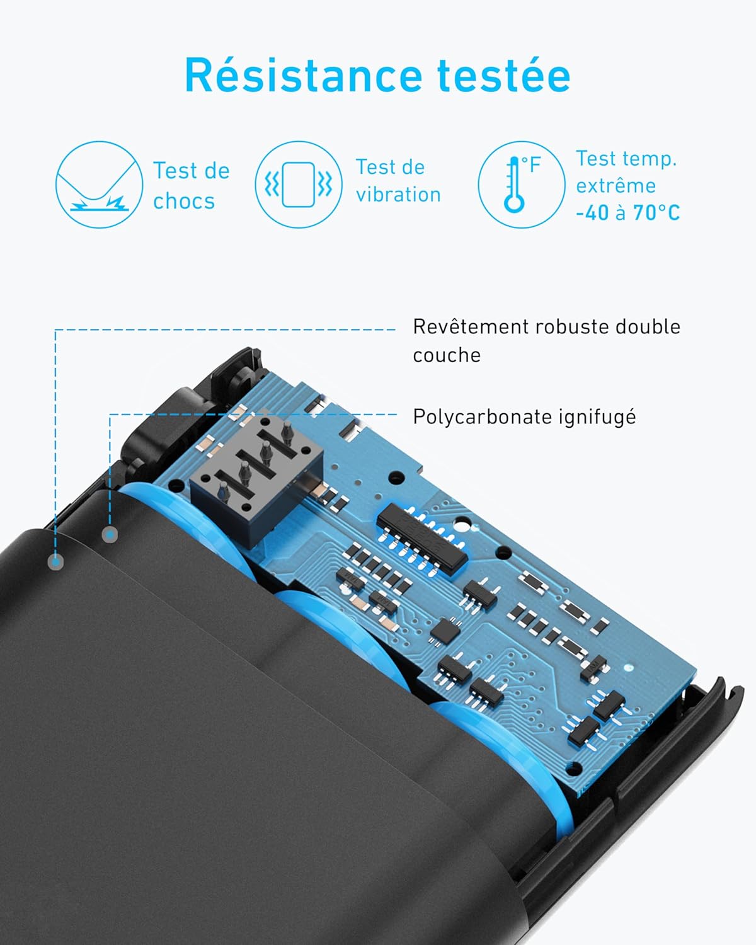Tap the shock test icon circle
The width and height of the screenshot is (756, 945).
[x=100, y=185]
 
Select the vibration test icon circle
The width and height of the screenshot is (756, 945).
[x=299, y=185]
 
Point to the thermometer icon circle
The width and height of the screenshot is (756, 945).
[x=522, y=185]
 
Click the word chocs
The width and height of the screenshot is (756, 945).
[x=184, y=202]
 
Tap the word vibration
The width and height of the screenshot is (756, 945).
[x=398, y=194]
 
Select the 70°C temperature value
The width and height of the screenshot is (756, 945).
[x=656, y=213]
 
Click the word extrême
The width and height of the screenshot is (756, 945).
[x=616, y=185]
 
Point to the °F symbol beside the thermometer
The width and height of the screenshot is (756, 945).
[x=531, y=165]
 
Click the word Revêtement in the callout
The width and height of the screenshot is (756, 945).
[x=471, y=327]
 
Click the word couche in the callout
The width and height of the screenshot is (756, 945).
[x=447, y=355]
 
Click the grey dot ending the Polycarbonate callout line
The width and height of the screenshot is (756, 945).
[x=110, y=534]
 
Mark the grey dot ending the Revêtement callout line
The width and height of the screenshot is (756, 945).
[x=55, y=561]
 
